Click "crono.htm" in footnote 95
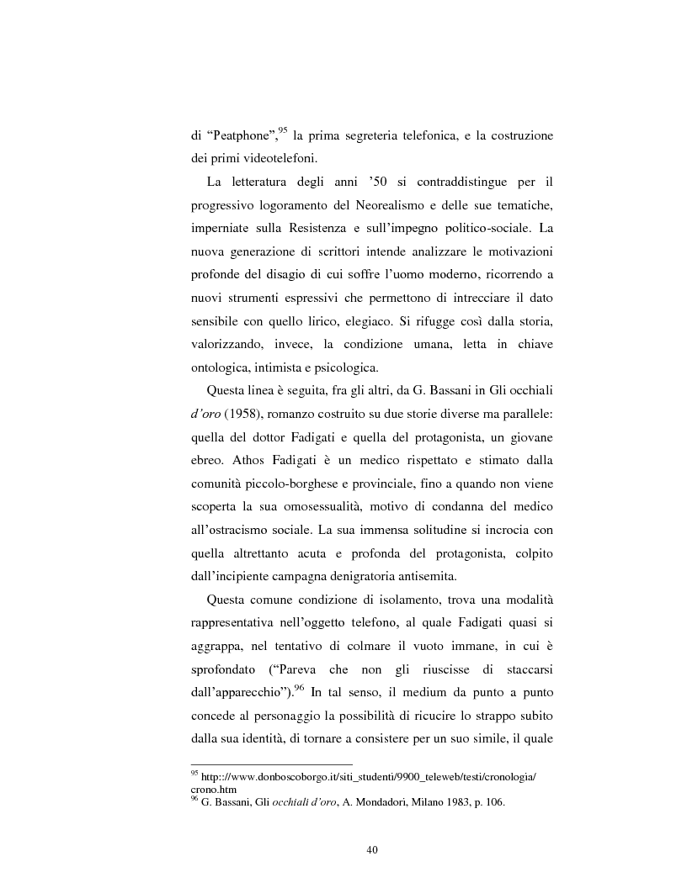tap(214, 790)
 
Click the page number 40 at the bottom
tap(372, 849)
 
